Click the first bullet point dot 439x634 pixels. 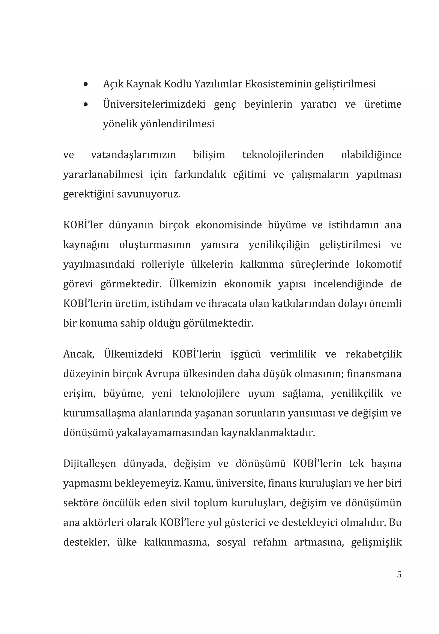click(86, 84)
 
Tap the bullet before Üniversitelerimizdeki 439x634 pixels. click(86, 105)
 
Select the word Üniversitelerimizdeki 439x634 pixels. click(154, 104)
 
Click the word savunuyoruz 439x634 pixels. click(149, 194)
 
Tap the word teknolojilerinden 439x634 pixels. click(283, 155)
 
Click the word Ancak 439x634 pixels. click(79, 354)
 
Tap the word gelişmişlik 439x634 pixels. click(376, 542)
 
